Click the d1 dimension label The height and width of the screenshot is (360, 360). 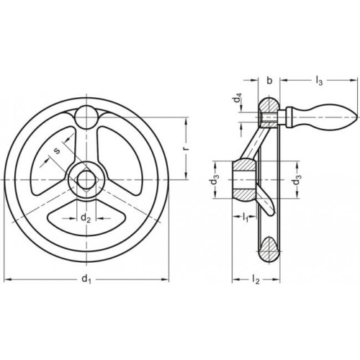click(86, 279)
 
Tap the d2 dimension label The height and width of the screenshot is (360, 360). click(86, 218)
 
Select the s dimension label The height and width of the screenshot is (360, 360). click(56, 150)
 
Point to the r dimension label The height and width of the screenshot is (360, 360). click(186, 148)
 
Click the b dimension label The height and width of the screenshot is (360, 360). click(270, 81)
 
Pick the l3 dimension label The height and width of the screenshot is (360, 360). click(319, 81)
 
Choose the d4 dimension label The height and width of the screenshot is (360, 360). click(238, 99)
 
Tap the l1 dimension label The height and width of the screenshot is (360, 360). click(245, 217)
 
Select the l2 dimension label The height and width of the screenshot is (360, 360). click(256, 279)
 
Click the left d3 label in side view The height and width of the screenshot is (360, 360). click(215, 180)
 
